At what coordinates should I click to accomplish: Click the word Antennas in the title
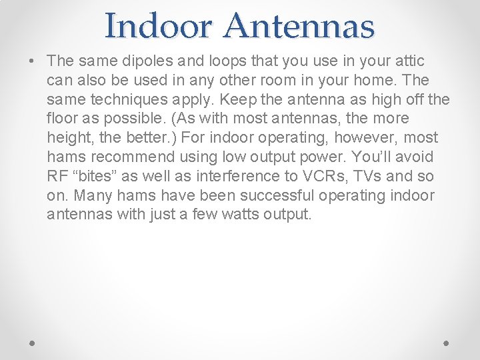[299, 26]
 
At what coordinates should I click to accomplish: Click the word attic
[408, 61]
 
